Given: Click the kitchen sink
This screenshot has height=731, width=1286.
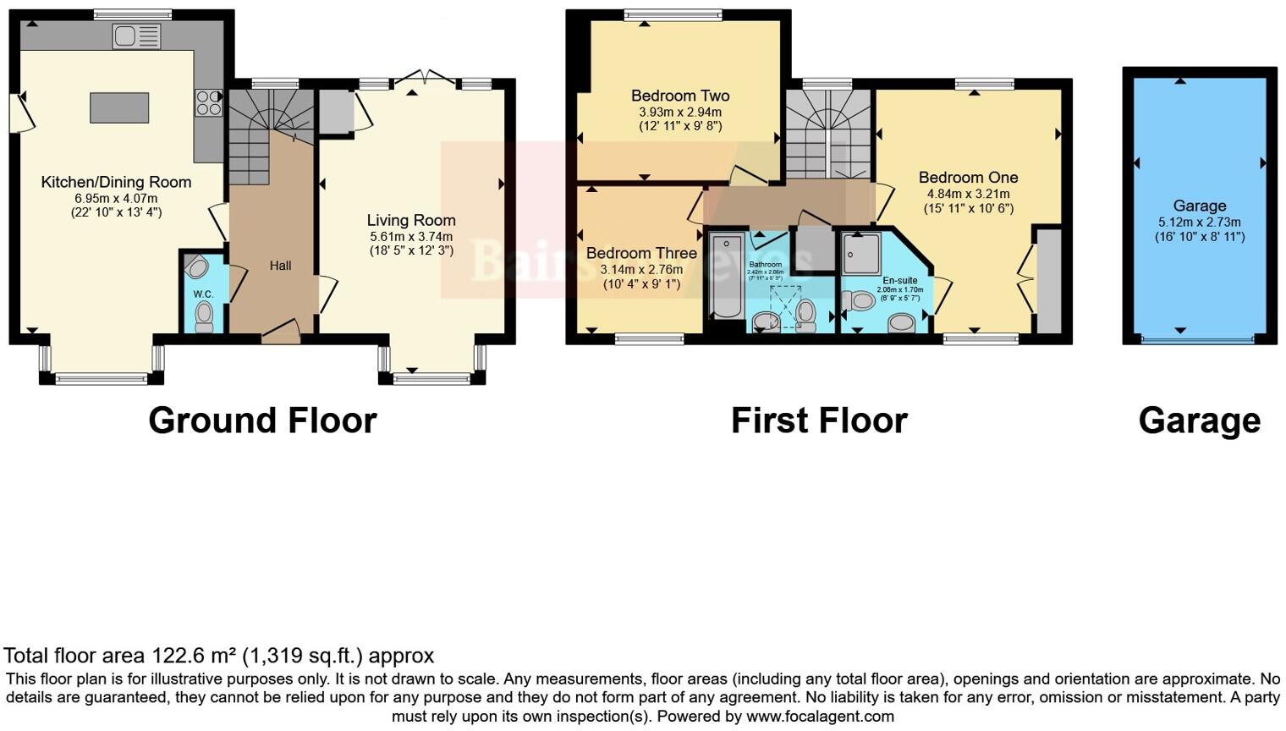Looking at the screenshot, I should tap(136, 36).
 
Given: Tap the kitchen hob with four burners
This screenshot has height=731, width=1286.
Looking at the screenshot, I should tap(208, 103).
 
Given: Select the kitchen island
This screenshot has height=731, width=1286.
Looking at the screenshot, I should tap(119, 108).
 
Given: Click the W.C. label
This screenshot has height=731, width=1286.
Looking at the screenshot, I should tap(203, 294).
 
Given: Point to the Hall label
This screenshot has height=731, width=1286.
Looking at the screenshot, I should tap(280, 266).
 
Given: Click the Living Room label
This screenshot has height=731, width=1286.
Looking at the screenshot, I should tap(411, 221).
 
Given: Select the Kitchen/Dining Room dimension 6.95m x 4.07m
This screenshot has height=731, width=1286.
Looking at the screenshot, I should tap(116, 199).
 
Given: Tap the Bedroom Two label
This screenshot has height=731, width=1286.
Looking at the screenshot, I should tap(680, 96).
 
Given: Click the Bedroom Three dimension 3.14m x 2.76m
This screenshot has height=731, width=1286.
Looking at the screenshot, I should tap(641, 270).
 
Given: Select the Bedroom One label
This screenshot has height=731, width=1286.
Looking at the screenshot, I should tap(968, 178).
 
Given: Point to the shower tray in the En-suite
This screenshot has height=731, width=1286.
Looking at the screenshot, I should tap(861, 254).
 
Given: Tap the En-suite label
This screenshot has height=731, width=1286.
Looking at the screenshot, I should tap(899, 280).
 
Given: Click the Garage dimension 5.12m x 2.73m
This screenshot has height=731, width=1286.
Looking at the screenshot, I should tap(1199, 223).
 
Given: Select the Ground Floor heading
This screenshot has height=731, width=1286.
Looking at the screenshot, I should tap(262, 420).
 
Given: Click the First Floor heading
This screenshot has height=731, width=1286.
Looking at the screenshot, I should tap(819, 420).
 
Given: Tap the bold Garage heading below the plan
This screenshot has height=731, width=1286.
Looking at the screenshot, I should tap(1199, 420).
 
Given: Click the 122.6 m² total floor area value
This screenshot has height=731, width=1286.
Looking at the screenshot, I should tap(194, 656).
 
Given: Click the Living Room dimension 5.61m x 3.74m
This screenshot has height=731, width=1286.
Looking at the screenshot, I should tap(411, 237).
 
